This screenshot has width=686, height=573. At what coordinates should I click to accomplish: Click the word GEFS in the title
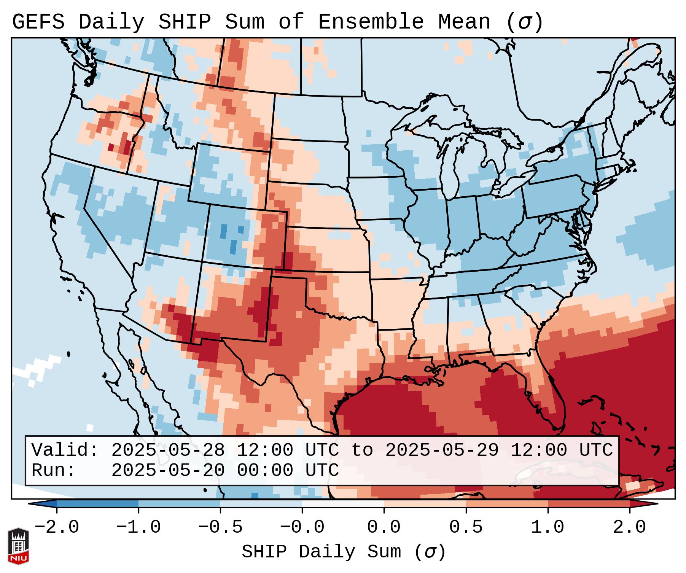(38, 22)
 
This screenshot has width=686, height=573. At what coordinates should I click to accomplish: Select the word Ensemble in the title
(371, 22)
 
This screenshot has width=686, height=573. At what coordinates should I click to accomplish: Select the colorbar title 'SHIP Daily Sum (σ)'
(343, 552)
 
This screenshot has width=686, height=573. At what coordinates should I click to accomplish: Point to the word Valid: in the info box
(65, 450)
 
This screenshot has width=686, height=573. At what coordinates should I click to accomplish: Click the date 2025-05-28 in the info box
(168, 450)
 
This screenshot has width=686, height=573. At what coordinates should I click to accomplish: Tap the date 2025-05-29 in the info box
(442, 450)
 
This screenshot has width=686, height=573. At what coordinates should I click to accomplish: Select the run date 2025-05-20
(168, 470)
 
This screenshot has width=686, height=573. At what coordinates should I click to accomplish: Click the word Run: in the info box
(54, 470)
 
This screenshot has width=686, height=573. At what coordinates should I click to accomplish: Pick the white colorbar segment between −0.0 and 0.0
(343, 504)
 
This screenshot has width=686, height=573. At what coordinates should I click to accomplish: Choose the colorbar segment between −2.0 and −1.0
(97, 504)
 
